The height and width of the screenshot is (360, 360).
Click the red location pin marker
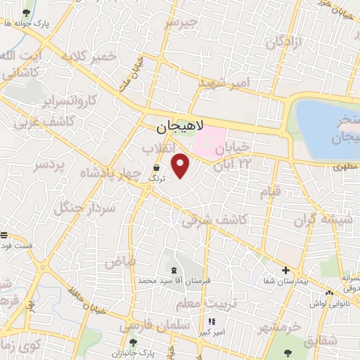pos(181,165)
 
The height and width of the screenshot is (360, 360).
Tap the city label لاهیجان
pos(179,127)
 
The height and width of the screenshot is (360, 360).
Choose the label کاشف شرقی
pos(214,220)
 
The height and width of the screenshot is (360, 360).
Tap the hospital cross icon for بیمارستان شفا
pos(285,270)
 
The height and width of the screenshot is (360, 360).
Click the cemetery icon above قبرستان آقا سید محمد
pos(174,271)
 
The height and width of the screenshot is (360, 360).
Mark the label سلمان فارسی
pos(155,326)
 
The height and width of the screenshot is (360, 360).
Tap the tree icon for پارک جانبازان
pos(133,342)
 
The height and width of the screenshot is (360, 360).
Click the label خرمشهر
pos(278,328)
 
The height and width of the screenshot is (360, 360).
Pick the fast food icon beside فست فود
pos(4,235)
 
